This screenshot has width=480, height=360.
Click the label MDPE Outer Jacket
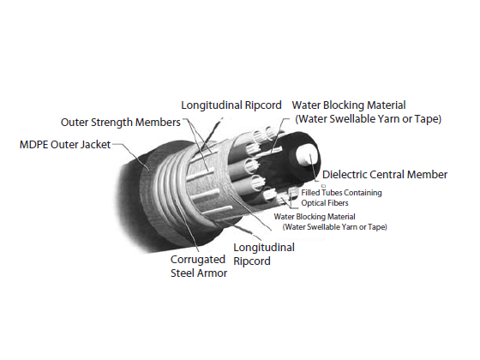click(65, 145)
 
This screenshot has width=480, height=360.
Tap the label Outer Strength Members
click(121, 122)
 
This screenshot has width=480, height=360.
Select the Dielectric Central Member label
click(385, 175)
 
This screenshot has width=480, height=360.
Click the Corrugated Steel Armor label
click(199, 266)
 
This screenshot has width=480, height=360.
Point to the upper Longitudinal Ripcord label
click(231, 105)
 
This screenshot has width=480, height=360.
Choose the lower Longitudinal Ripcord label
click(264, 254)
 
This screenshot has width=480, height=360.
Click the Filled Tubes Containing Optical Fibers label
click(341, 198)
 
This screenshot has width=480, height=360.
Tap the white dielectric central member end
click(308, 155)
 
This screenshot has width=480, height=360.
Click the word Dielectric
click(345, 175)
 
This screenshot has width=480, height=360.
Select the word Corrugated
click(198, 260)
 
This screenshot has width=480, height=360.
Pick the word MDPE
click(33, 145)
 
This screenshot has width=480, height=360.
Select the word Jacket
click(95, 145)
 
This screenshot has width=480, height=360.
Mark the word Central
click(387, 175)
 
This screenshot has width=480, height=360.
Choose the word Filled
click(310, 193)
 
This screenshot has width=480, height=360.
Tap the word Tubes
click(332, 193)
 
